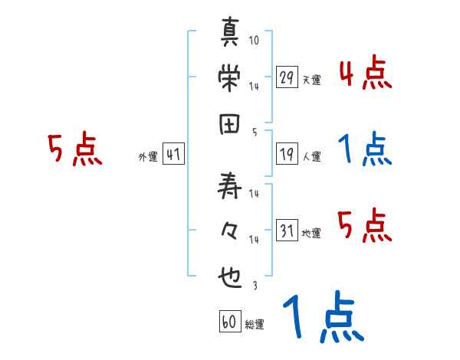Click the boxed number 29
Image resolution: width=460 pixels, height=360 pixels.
tap(287, 77)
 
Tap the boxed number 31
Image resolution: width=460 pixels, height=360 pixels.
tap(287, 231)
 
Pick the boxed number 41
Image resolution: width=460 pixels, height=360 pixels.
tap(173, 154)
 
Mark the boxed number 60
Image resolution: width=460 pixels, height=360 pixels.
tap(228, 322)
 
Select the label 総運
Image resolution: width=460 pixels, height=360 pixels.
tap(255, 325)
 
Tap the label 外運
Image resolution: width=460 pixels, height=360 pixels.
tap(148, 157)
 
